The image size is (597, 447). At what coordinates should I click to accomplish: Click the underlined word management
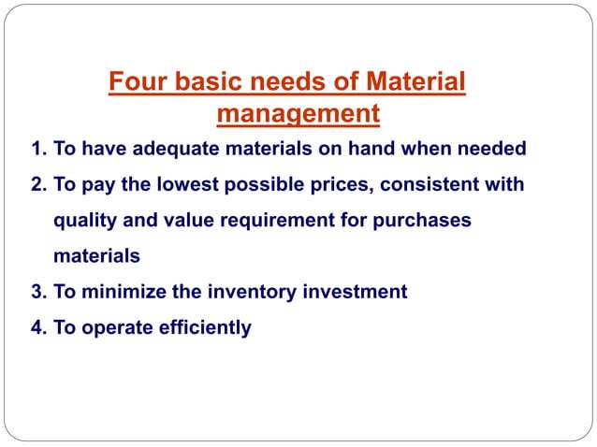click(298, 115)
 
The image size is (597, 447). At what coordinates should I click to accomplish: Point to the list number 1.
click(36, 149)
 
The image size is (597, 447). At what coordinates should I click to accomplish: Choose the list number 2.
click(36, 184)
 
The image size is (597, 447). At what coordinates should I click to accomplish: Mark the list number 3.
click(36, 292)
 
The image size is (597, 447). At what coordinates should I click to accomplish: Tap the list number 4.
click(36, 327)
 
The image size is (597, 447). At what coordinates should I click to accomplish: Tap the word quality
click(82, 221)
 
